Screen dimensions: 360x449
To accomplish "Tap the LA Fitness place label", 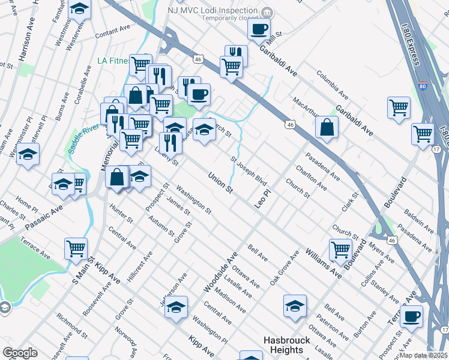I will [x=114, y=61].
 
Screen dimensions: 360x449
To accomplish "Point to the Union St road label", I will [x=220, y=183].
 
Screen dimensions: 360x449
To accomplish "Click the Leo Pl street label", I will [x=259, y=197].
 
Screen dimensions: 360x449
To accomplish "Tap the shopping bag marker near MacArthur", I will [x=327, y=127].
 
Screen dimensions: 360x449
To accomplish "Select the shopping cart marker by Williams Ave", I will [x=340, y=250].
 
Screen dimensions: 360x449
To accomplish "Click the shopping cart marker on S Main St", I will [x=76, y=248].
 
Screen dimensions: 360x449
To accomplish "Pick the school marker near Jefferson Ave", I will [x=176, y=308].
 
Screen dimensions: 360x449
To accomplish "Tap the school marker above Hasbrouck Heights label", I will [x=295, y=306].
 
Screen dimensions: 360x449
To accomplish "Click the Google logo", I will [x=20, y=352].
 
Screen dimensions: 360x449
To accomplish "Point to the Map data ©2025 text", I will [x=423, y=355].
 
